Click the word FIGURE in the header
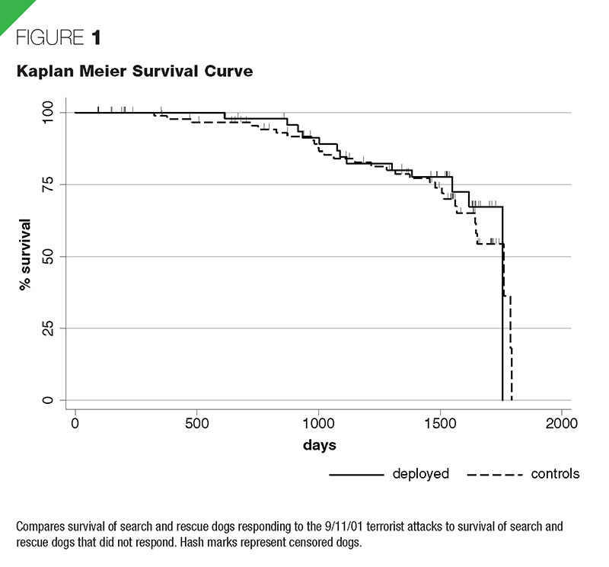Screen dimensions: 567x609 [46, 39]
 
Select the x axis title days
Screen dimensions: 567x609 [318, 444]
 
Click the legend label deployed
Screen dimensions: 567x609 [421, 474]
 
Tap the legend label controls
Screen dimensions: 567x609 [555, 474]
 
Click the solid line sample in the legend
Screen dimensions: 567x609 [356, 475]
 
